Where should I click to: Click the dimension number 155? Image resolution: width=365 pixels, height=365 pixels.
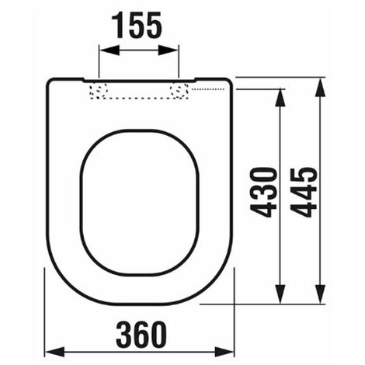[137, 26]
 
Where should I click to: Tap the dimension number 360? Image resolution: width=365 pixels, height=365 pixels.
[141, 334]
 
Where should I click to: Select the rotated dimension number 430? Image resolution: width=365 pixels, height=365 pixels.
[262, 193]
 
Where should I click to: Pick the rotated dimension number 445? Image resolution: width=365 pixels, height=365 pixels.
[304, 193]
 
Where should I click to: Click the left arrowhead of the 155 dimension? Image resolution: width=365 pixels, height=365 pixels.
[109, 50]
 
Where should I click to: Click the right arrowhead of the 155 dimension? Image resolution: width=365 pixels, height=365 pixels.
[169, 50]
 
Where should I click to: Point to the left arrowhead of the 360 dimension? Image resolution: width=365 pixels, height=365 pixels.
[54, 352]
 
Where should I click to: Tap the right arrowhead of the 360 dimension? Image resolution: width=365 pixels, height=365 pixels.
[224, 352]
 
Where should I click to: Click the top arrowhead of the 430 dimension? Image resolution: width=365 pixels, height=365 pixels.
[280, 98]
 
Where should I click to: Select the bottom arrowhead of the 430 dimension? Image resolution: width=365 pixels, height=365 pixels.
[280, 294]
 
